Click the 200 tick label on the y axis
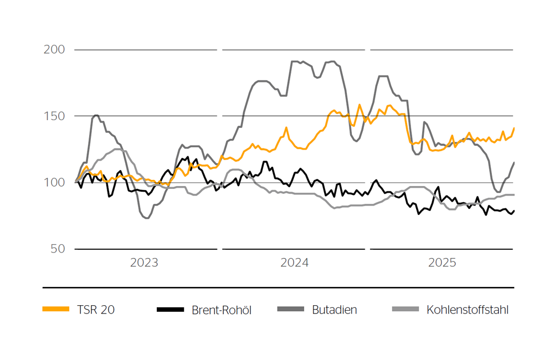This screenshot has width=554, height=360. coord(54,50)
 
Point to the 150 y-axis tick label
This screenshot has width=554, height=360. coord(54,116)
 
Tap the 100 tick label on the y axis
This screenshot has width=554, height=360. coord(54,183)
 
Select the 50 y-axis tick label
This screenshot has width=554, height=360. coord(58,249)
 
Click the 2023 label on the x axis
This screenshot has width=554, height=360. coord(144,263)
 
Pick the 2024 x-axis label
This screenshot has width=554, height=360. coord(294,263)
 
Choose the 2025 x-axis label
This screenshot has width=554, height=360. coord(442,263)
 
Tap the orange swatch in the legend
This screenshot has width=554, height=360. coord(56,309)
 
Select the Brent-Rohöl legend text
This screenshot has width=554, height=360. coord(222,310)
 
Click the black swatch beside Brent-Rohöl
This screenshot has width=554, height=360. coord(170,309)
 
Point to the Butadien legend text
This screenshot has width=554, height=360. coord(335,310)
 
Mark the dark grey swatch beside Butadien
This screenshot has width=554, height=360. coord(290,309)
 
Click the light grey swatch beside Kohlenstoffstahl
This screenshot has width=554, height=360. coord(406,309)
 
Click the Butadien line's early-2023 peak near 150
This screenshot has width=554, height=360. coord(96,115)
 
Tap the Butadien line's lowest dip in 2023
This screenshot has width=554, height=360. coord(147,218)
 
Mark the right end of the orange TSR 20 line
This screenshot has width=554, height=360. coord(514,128)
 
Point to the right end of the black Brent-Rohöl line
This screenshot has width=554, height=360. coord(514,210)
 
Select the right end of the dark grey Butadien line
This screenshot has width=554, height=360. coord(514,162)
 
